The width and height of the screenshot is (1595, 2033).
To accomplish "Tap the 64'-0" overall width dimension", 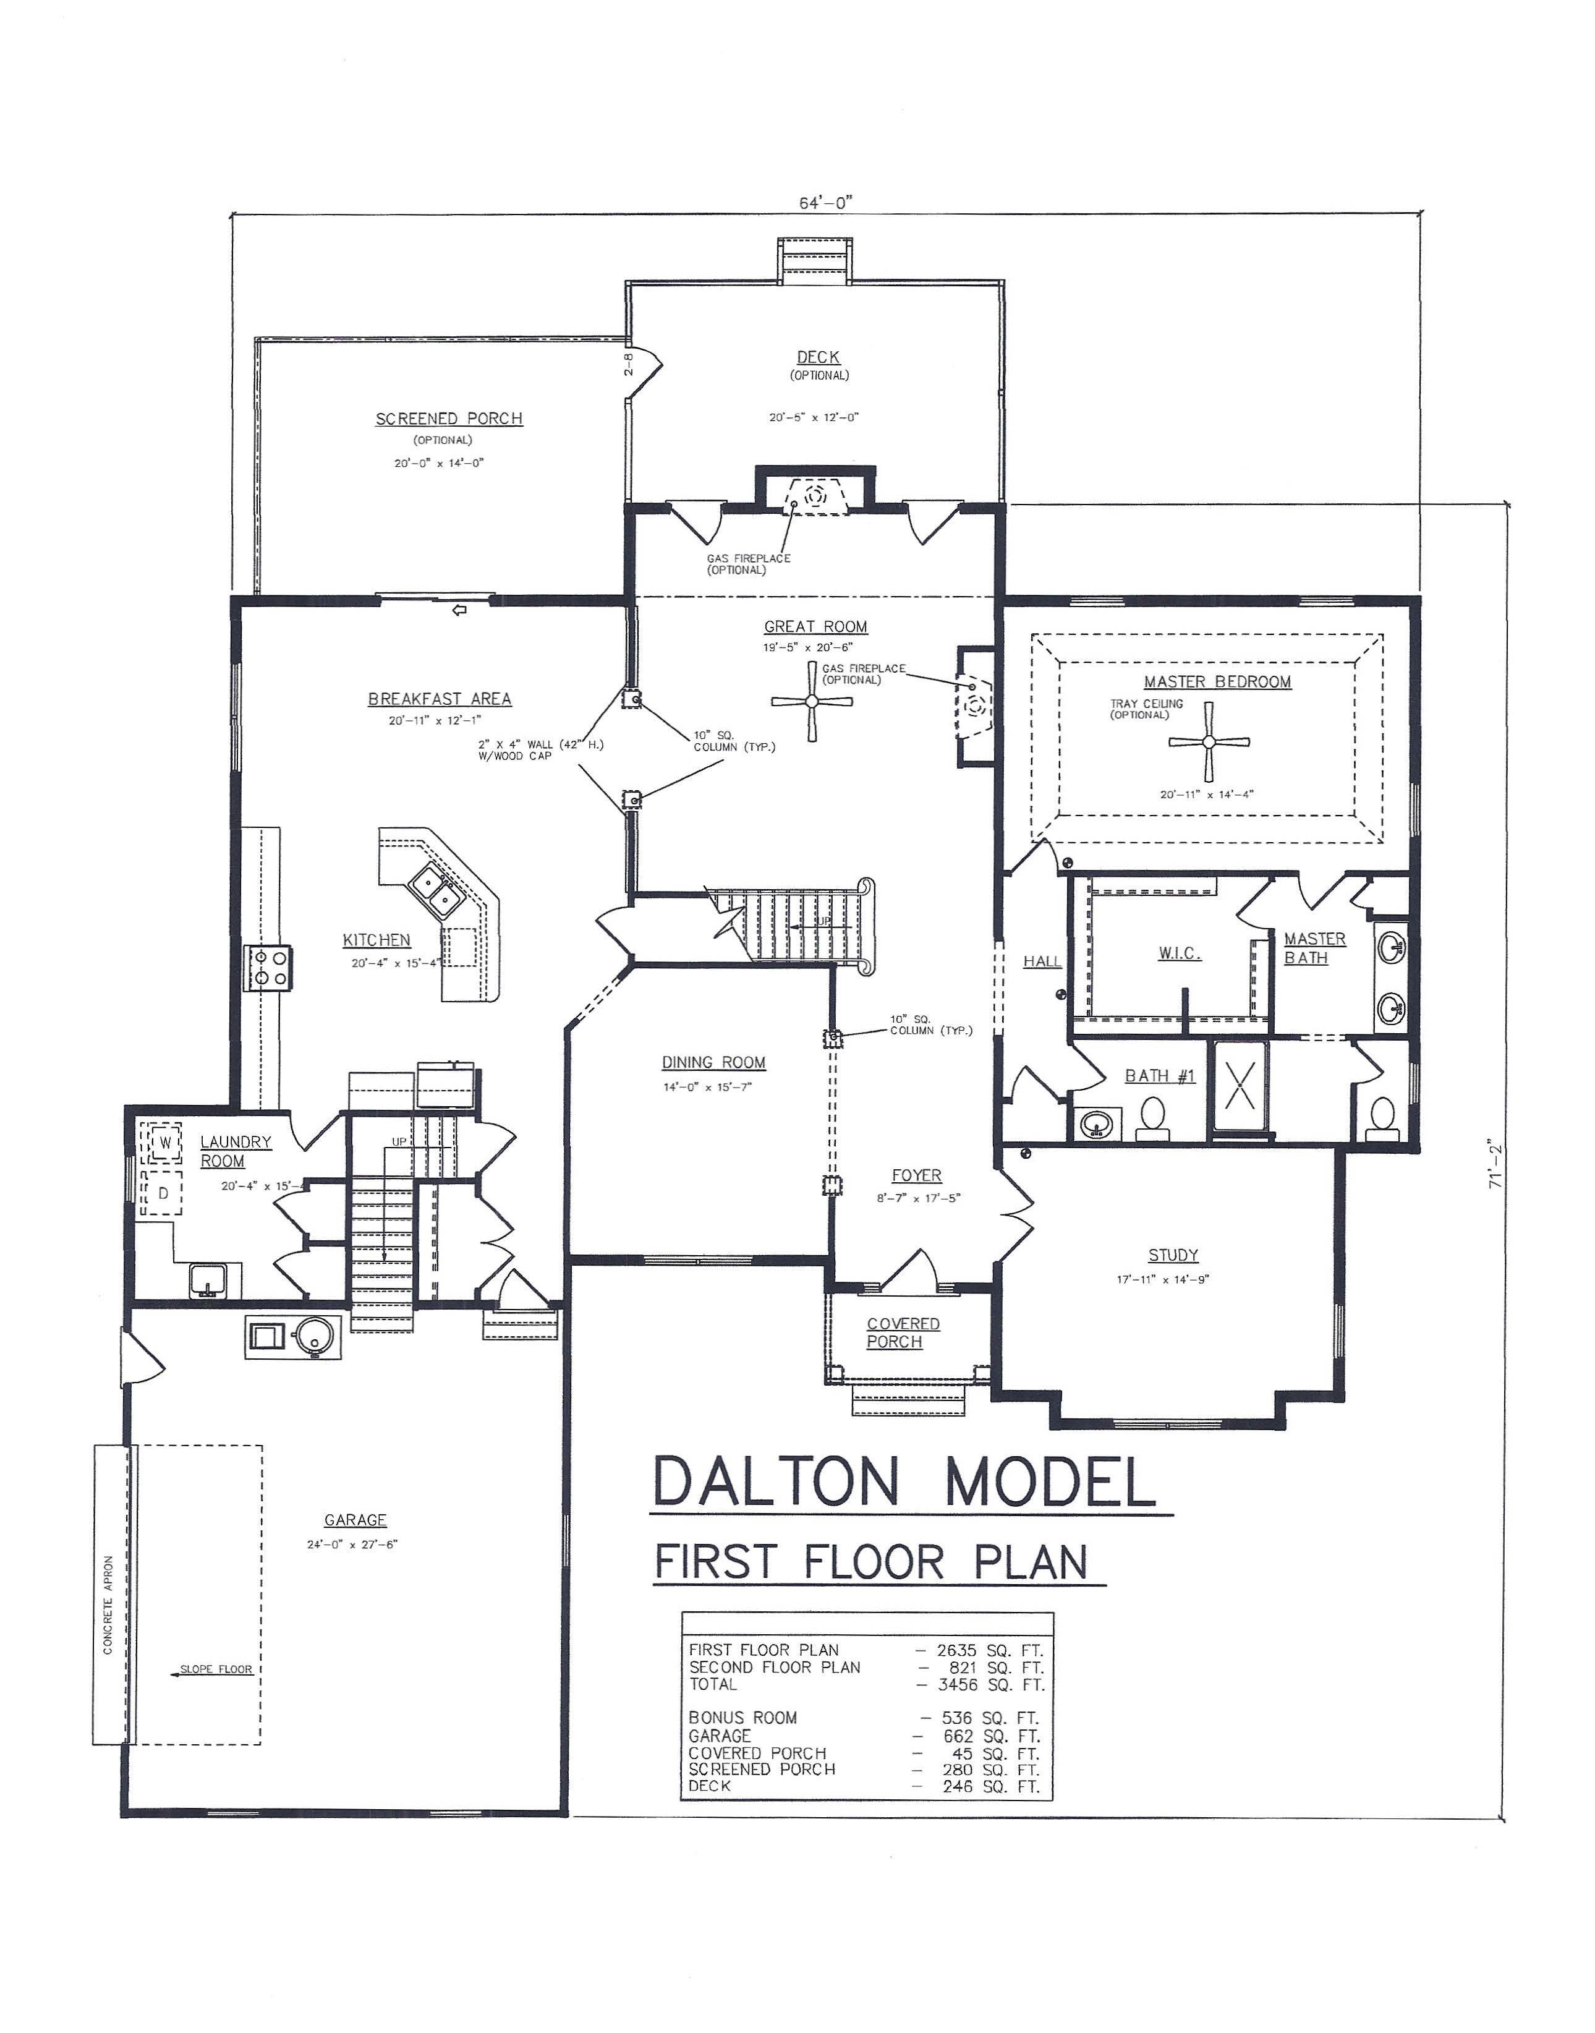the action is point(825,203).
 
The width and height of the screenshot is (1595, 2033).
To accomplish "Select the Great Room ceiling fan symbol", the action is point(812,701).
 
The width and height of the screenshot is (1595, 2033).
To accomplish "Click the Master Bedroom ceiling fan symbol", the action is point(1209,741).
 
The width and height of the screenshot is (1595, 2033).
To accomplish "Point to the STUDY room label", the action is point(1173,1255).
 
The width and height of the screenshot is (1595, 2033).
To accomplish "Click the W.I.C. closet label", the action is point(1180,953).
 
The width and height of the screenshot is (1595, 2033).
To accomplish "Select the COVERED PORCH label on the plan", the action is point(902,1332).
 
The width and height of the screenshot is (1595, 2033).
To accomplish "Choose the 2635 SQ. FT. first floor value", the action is point(989,1650).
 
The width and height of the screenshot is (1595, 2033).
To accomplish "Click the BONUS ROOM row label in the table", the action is point(742,1718).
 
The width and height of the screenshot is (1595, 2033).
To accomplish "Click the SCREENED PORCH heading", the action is point(449,419).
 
